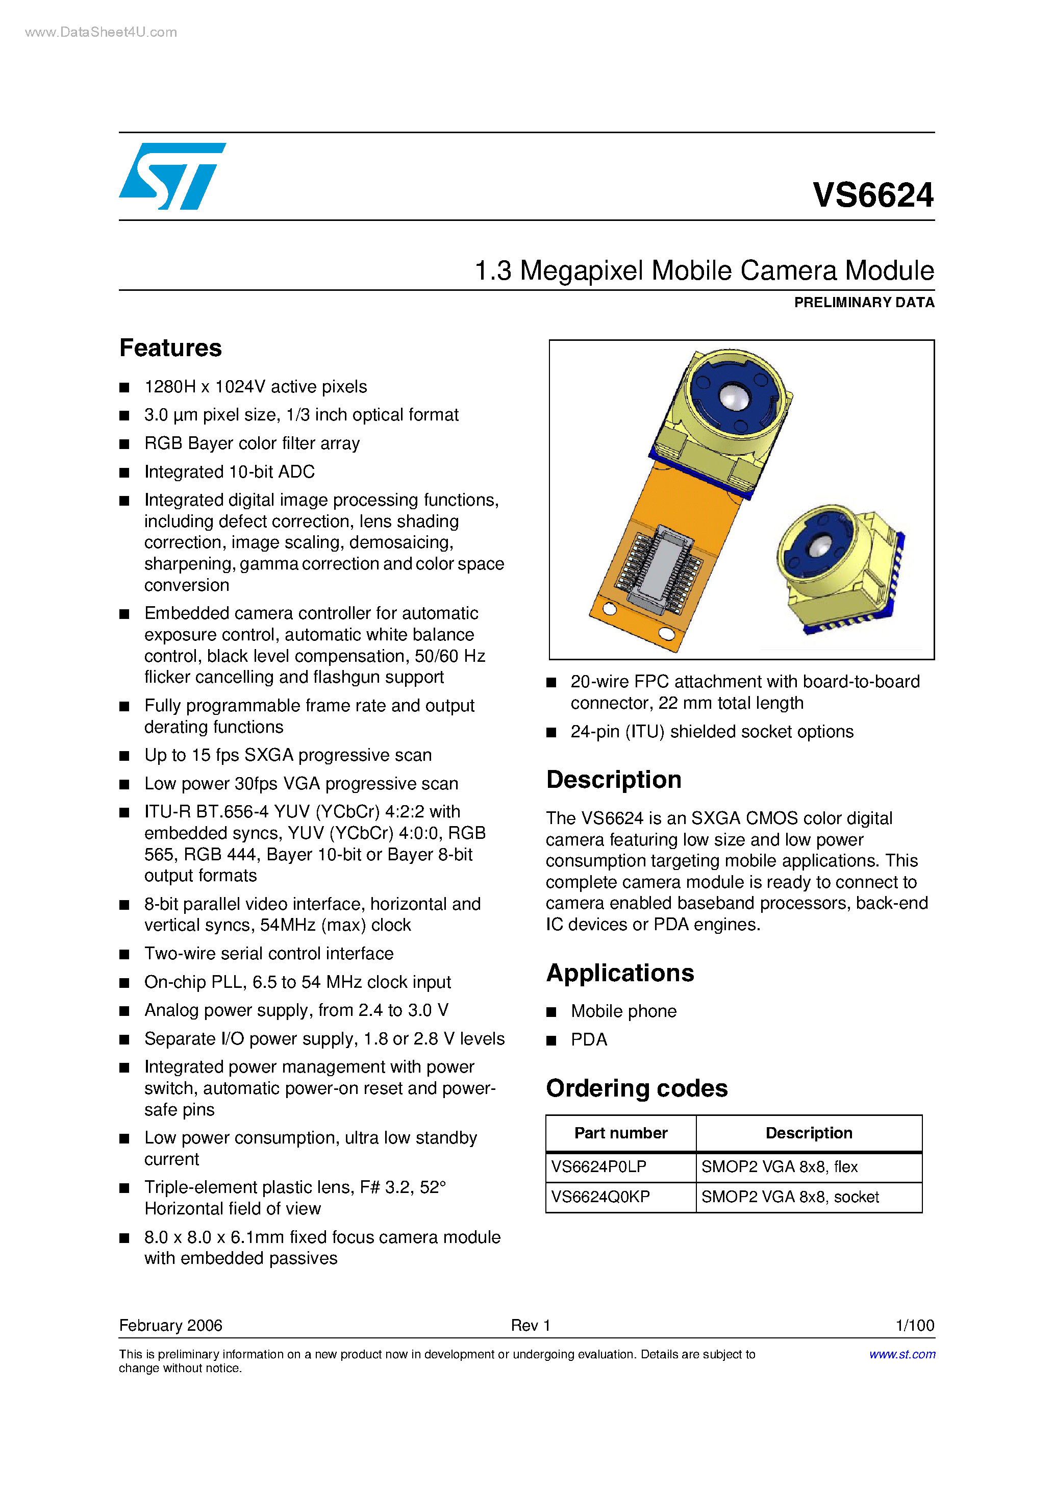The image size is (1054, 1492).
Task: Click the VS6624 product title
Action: coord(873,195)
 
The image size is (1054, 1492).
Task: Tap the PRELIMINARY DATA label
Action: coord(864,302)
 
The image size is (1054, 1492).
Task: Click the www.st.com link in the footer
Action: coord(902,1354)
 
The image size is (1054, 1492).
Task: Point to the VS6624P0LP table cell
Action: coord(598,1167)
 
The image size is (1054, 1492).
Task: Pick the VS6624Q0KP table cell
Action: coord(600,1197)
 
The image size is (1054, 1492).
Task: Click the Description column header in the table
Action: coord(809,1133)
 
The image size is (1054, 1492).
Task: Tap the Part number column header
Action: coord(620,1133)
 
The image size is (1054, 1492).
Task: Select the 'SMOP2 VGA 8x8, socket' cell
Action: coord(790,1197)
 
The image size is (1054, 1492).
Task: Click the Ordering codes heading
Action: coord(636,1088)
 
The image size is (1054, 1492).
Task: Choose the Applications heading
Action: coord(620,973)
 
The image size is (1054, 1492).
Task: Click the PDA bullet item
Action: coord(589,1040)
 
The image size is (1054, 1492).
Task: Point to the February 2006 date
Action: coord(170,1325)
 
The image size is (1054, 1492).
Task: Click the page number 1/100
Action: coord(914,1325)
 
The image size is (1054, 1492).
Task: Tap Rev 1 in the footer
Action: coord(530,1325)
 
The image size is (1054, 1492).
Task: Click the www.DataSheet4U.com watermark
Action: coord(101,33)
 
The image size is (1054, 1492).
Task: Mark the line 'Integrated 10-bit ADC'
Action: coord(230,472)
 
